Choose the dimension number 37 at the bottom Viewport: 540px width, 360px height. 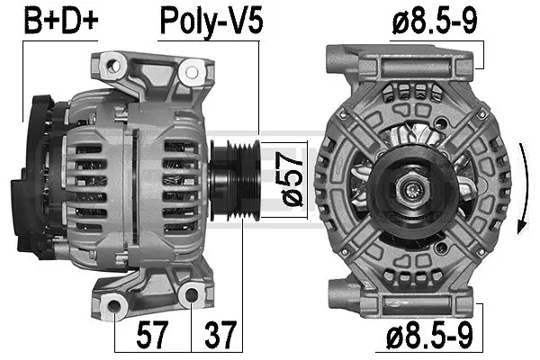220,336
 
